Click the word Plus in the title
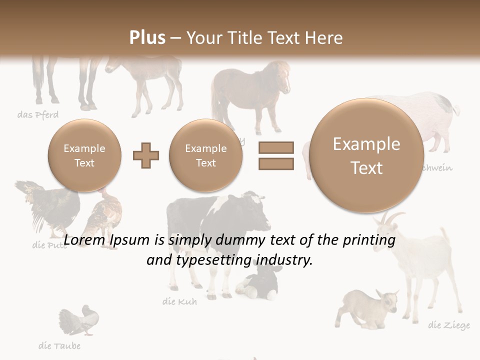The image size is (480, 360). (x=147, y=38)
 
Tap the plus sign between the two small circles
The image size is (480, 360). (x=146, y=155)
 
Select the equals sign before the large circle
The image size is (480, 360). (x=276, y=155)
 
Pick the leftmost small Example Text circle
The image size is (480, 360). (x=84, y=155)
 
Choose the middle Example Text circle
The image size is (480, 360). (x=205, y=155)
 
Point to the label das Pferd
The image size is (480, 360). (x=38, y=115)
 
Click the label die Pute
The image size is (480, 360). (x=49, y=245)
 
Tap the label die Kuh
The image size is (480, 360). (x=179, y=301)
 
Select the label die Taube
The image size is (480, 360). (x=59, y=345)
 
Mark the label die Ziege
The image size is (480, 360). (x=449, y=325)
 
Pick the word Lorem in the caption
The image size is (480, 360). (x=82, y=240)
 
